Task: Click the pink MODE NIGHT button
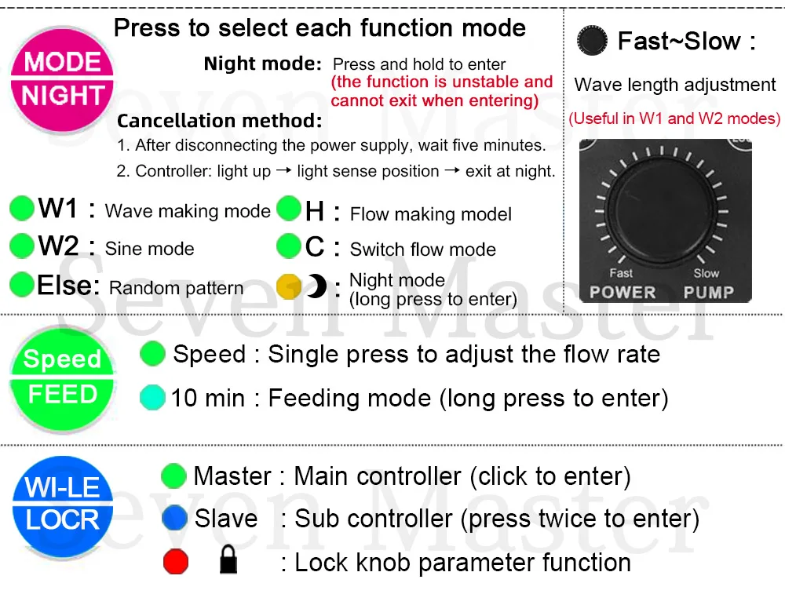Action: pos(63,79)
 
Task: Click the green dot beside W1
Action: pos(22,209)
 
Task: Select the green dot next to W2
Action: pos(22,246)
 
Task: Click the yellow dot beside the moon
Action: pos(289,287)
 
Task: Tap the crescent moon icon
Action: pos(316,287)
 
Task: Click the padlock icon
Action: pos(228,561)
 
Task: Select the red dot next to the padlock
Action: pos(176,562)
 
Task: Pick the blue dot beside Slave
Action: pos(174,518)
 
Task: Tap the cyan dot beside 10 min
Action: pos(152,398)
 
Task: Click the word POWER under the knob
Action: pos(623,292)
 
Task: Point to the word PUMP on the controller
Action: pos(709,292)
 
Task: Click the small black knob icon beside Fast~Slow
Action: pos(593,41)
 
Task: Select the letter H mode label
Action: pos(315,210)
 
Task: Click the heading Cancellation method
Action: pos(220,121)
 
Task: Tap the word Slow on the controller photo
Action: pos(706,273)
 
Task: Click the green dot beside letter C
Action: pos(289,247)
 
